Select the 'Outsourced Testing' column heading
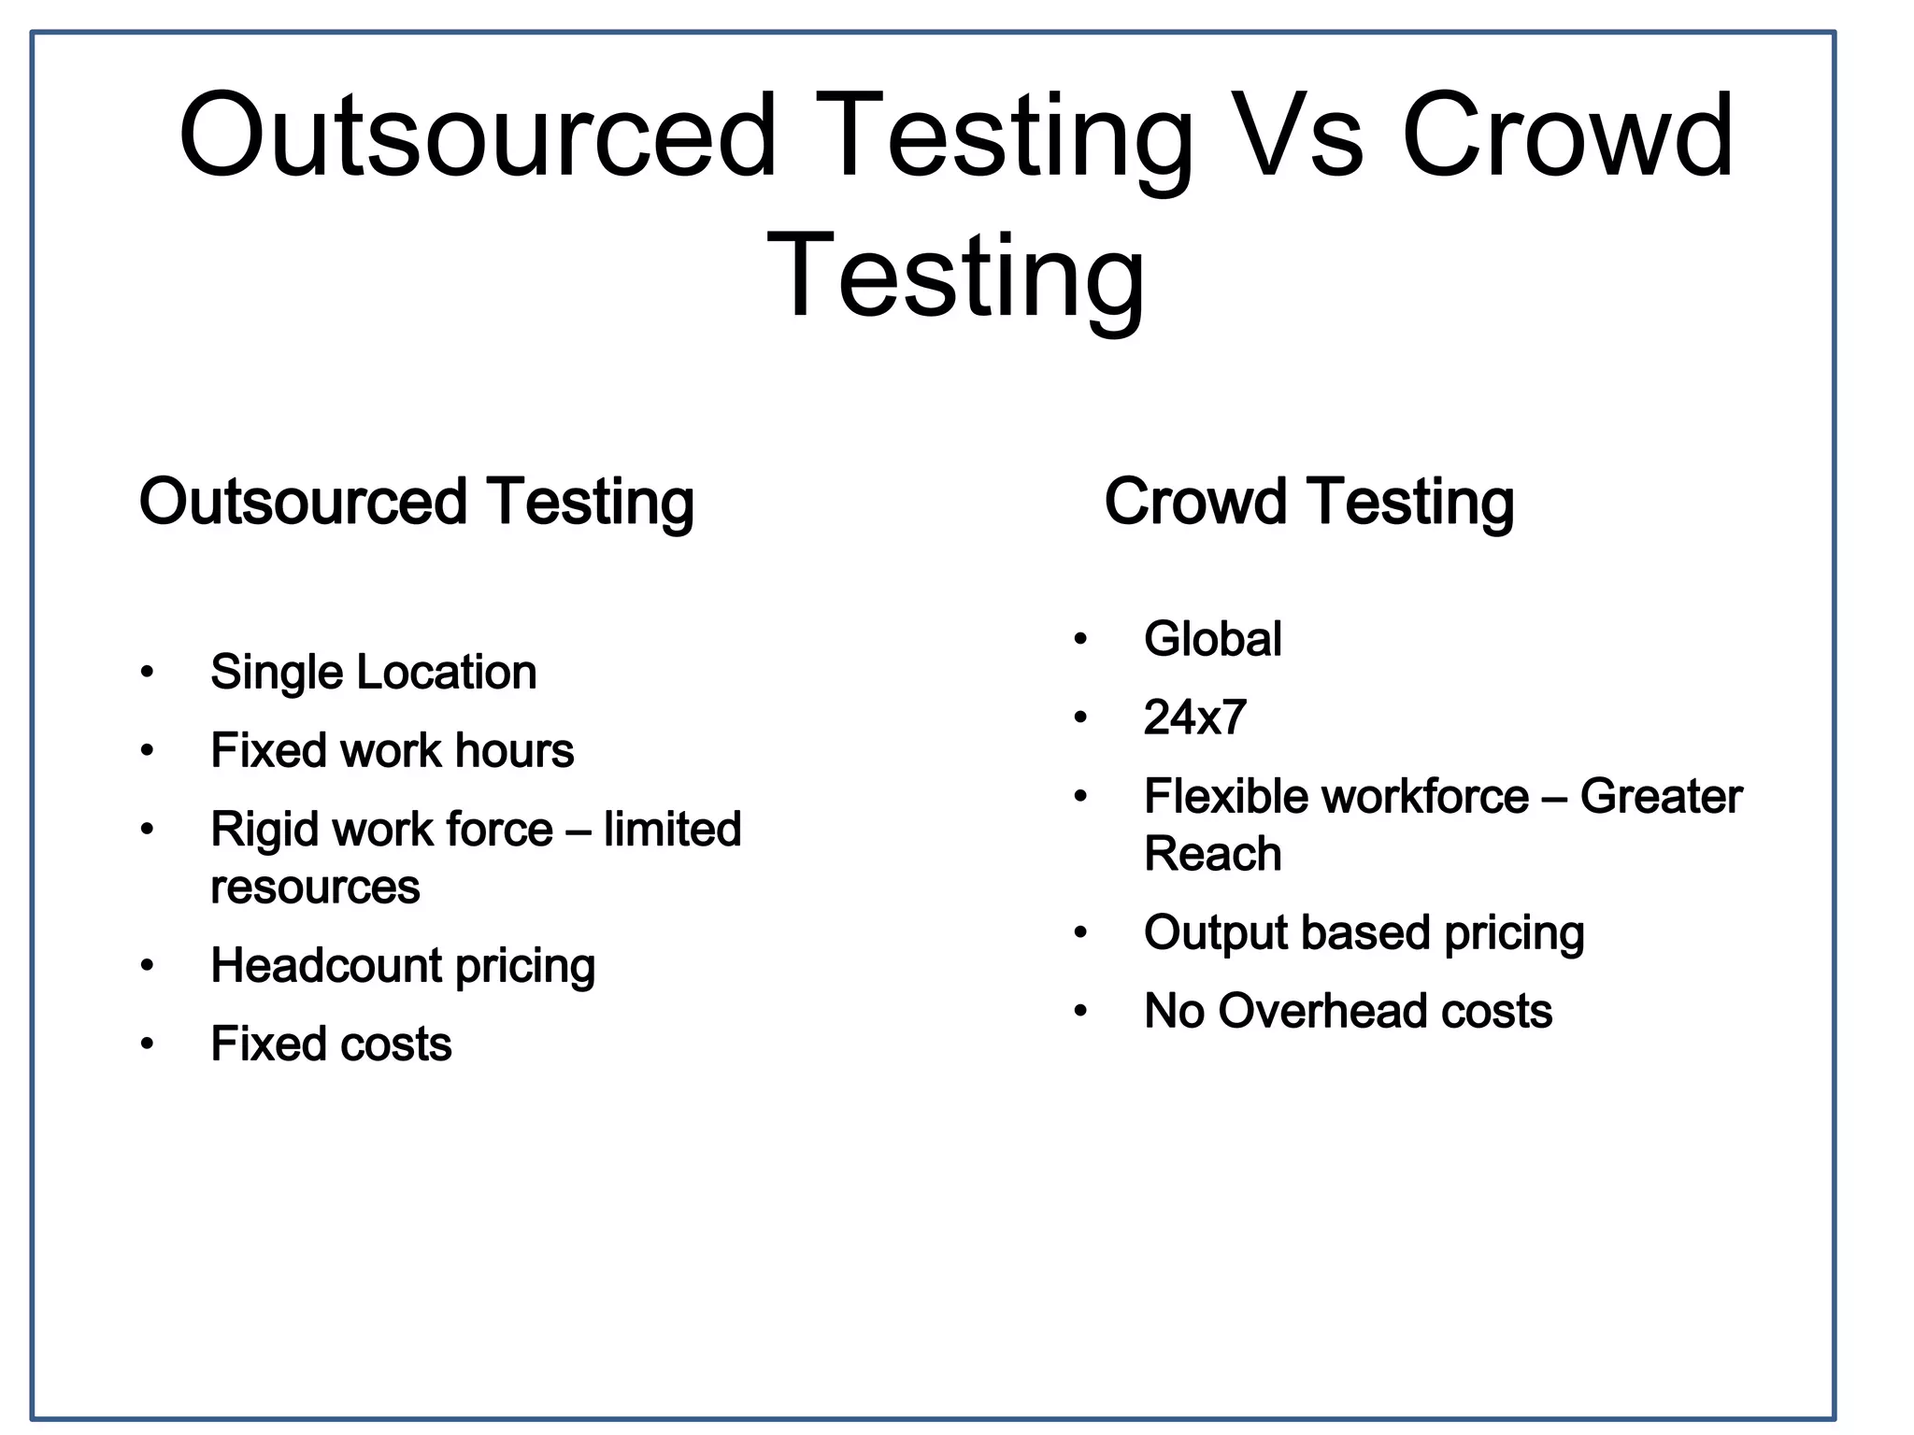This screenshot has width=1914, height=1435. [x=417, y=502]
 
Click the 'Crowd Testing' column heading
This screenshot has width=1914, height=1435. [x=1308, y=502]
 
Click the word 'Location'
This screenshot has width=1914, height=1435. [x=447, y=673]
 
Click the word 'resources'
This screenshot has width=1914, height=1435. [x=315, y=887]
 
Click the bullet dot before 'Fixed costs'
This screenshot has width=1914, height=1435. [x=147, y=1044]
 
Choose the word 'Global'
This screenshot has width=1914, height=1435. [x=1212, y=640]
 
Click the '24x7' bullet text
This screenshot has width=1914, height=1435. [x=1194, y=717]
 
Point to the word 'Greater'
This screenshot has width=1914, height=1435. [x=1661, y=797]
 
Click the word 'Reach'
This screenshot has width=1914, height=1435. [x=1212, y=854]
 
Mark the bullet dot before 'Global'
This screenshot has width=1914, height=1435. [x=1080, y=640]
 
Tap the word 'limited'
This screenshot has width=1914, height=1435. [x=672, y=830]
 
